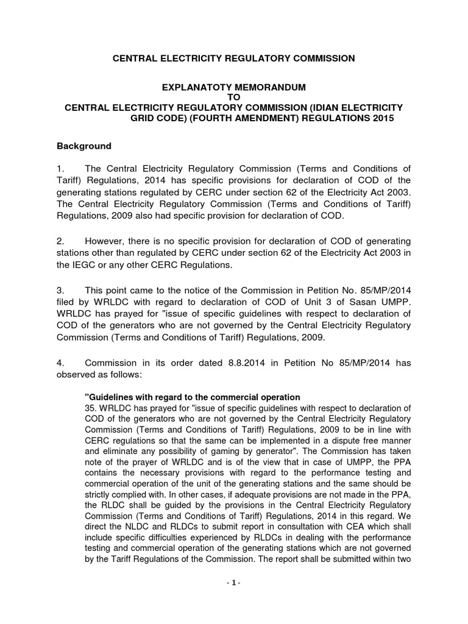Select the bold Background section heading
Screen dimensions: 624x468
84,146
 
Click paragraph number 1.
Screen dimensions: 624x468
60,168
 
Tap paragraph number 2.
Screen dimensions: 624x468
60,242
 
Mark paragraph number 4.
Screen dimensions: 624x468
60,363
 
